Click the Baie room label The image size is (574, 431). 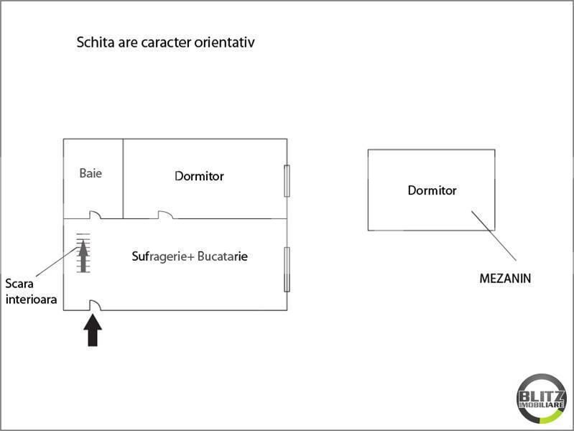91,173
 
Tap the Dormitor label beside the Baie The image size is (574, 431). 199,176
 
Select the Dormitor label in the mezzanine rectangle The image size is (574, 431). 432,190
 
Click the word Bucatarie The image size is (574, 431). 223,256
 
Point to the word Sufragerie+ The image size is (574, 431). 163,256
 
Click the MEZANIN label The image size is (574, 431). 505,278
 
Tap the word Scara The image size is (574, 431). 19,284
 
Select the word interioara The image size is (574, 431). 32,300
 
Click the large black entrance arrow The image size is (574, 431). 93,330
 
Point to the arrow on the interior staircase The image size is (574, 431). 83,256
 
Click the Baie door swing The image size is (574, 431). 95,215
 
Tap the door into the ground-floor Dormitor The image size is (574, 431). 165,215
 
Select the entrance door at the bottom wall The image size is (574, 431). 95,305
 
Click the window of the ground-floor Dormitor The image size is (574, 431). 287,181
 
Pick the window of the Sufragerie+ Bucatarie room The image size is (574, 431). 287,269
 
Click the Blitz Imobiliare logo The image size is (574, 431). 542,399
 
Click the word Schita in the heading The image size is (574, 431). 96,42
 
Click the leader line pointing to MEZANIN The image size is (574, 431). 494,236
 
